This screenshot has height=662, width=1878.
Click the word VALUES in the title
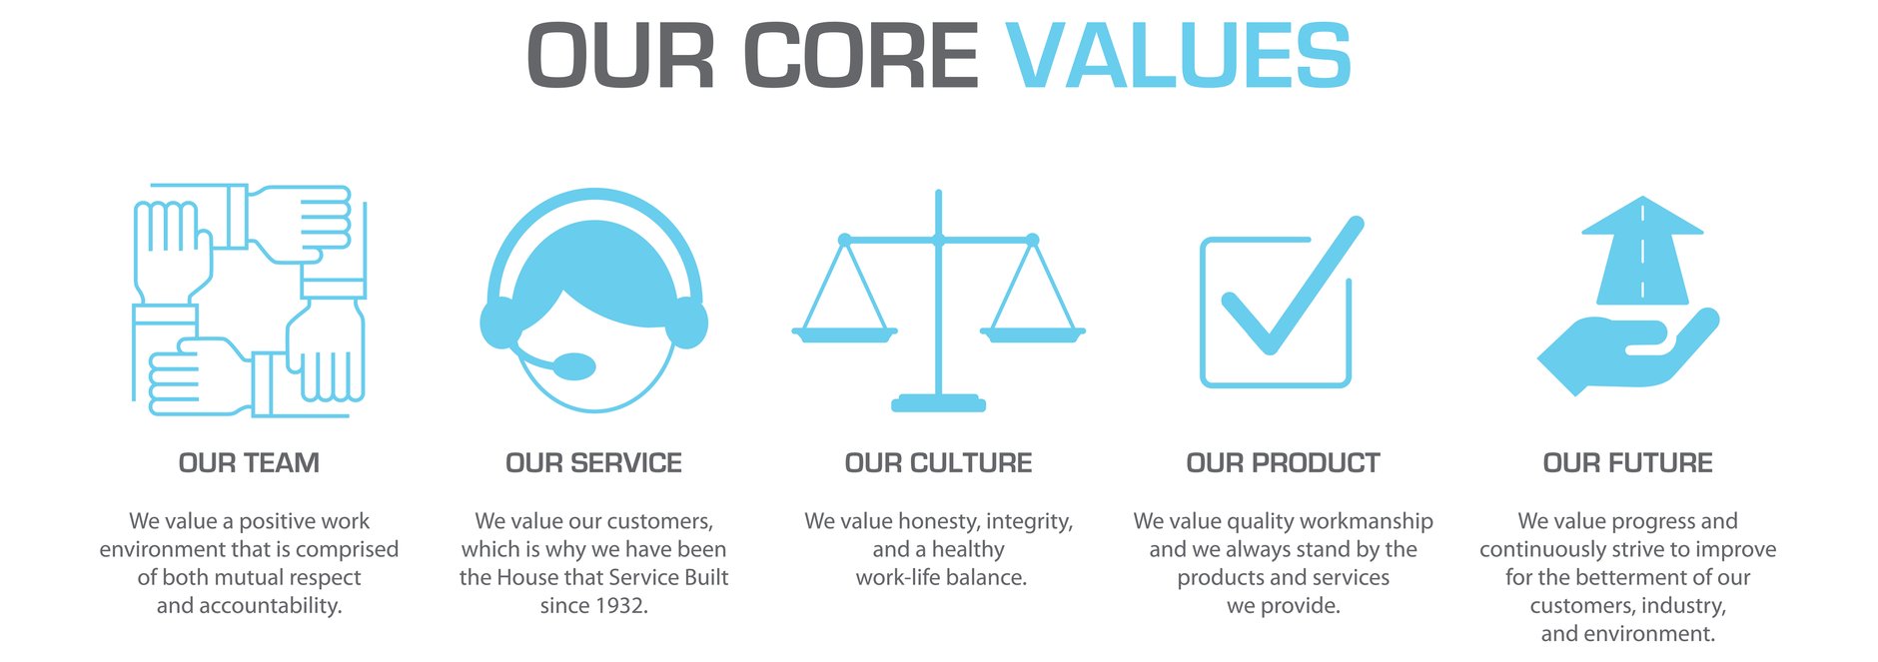click(1179, 56)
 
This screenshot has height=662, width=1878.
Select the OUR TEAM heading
click(249, 463)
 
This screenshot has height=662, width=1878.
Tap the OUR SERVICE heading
click(593, 463)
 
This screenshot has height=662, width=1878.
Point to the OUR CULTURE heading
click(938, 463)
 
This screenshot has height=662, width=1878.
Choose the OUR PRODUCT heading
click(1283, 463)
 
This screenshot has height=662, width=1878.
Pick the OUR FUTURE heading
click(1627, 463)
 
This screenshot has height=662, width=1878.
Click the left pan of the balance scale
click(844, 334)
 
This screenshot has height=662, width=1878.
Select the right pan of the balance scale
click(1032, 334)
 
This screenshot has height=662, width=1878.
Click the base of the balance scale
click(938, 403)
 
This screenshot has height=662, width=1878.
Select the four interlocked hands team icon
click(249, 300)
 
